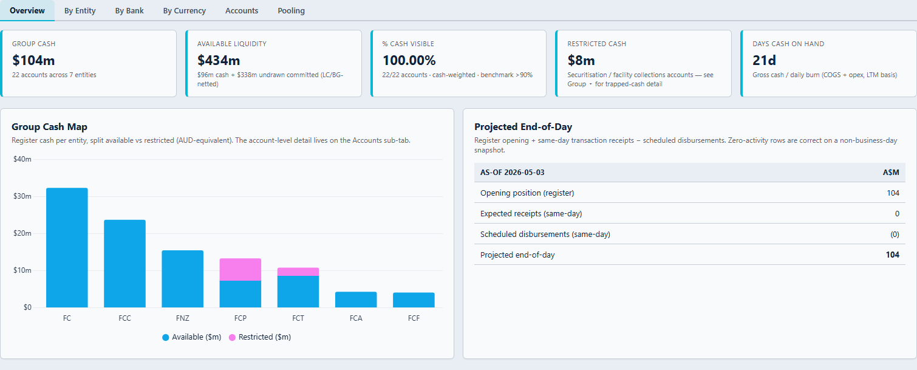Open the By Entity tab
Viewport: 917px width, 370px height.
[x=80, y=11]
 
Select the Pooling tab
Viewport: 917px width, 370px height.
[x=291, y=11]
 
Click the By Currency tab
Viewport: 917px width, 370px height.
[x=184, y=11]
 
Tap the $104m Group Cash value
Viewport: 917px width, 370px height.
[x=33, y=60]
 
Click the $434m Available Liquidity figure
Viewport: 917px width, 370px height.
[x=219, y=60]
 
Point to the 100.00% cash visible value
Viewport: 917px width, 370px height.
[x=409, y=60]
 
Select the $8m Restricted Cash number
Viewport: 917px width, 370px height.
[x=581, y=60]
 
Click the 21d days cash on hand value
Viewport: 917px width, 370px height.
[x=764, y=60]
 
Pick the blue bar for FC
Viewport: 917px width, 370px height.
[x=67, y=247]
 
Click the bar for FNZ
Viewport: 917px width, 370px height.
[x=183, y=279]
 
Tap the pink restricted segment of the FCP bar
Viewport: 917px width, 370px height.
[x=240, y=270]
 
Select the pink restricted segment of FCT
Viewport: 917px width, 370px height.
[x=298, y=272]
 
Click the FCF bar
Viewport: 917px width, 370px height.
[x=414, y=300]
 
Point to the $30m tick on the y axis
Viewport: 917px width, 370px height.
[x=22, y=196]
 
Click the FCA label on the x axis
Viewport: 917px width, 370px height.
[x=356, y=318]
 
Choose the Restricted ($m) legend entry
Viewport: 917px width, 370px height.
[x=260, y=337]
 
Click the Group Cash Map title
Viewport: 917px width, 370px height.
[x=50, y=126]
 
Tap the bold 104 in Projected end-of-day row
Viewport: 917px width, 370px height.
[x=893, y=255]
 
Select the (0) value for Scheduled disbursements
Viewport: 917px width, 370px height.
[x=895, y=235]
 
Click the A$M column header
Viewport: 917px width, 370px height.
[x=891, y=173]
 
